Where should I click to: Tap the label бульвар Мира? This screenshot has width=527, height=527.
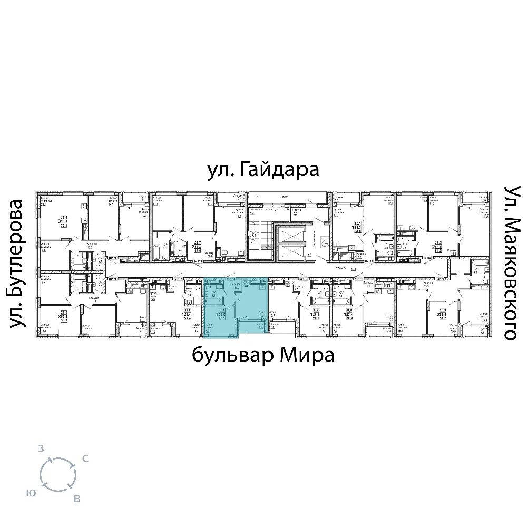pos(263,356)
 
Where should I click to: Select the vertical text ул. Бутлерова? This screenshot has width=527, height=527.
pos(18,264)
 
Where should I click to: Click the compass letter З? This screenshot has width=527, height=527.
pos(41,449)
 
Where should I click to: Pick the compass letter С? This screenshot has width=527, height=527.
pos(85,458)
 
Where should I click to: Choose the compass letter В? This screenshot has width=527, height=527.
pos(77,499)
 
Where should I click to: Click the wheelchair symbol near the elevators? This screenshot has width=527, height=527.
pos(324,242)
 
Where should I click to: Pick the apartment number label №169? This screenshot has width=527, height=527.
pos(427,258)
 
